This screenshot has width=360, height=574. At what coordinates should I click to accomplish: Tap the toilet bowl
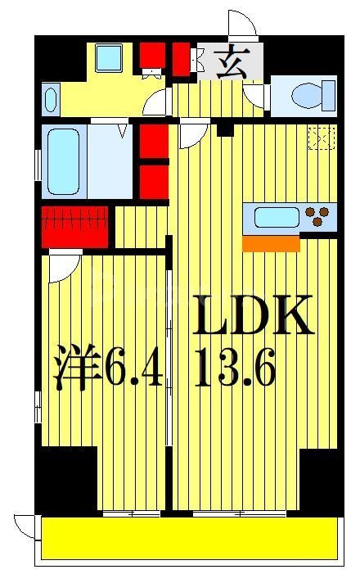(x=314, y=94)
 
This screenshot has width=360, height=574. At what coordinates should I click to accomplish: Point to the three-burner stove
(x=320, y=217)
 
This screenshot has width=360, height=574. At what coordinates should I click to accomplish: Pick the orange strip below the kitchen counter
(x=271, y=243)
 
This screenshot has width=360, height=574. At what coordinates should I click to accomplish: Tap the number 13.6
(x=235, y=370)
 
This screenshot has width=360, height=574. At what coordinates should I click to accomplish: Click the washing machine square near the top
(x=108, y=58)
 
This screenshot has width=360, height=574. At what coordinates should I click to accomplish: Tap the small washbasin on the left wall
(x=48, y=99)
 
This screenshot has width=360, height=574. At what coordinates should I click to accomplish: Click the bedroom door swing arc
(x=62, y=268)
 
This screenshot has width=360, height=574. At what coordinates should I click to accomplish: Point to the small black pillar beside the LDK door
(x=226, y=129)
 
